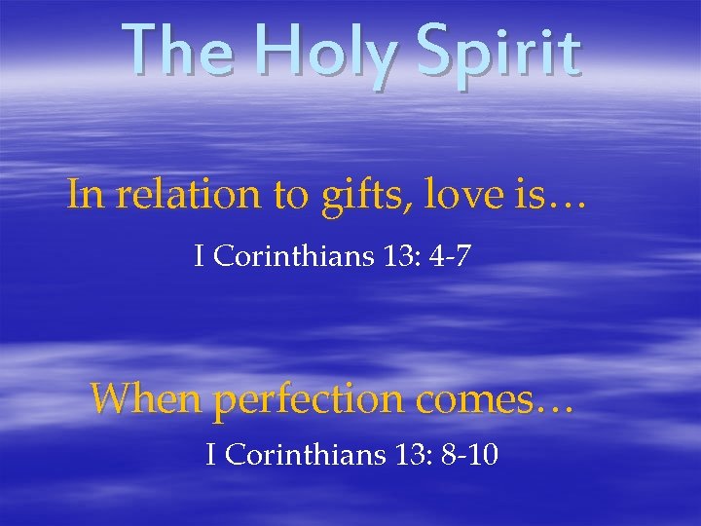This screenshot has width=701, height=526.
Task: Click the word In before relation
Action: click(x=85, y=195)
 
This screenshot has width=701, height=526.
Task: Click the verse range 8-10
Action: click(x=470, y=454)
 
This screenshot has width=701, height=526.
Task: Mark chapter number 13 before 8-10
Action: click(x=403, y=454)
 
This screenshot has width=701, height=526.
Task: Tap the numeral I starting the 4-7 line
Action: click(x=199, y=258)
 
